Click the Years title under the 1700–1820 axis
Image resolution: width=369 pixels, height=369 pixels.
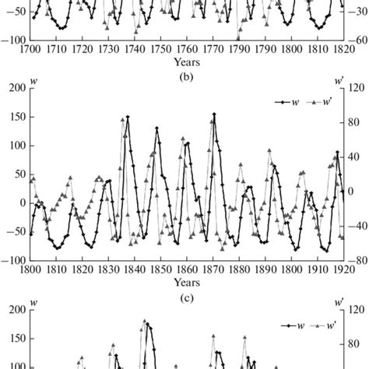click(185, 61)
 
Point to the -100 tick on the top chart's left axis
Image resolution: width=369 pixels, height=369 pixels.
click(13, 40)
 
